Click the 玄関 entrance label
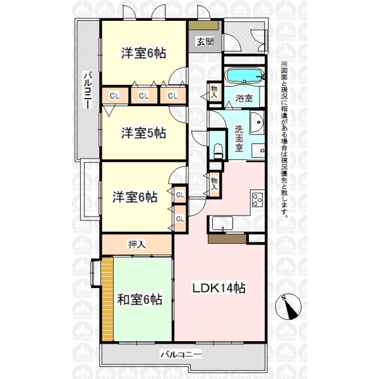pyautogui.click(x=205, y=42)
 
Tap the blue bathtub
pyautogui.click(x=244, y=75)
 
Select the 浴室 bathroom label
pyautogui.click(x=244, y=98)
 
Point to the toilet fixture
pyautogui.click(x=218, y=151)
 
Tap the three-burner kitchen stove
pyautogui.click(x=258, y=200)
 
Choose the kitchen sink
pyautogui.click(x=222, y=224)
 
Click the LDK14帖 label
pyautogui.click(x=219, y=288)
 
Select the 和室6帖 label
pyautogui.click(x=140, y=299)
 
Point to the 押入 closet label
pyautogui.click(x=137, y=244)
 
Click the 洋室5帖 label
pyautogui.click(x=143, y=133)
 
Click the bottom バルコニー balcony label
pyautogui.click(x=181, y=355)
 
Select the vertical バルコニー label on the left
pyautogui.click(x=88, y=90)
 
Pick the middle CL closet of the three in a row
pyautogui.click(x=143, y=96)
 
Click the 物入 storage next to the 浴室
pyautogui.click(x=214, y=92)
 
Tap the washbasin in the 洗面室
pyautogui.click(x=257, y=123)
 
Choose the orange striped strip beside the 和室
pyautogui.click(x=107, y=299)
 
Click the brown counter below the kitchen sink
pyautogui.click(x=227, y=239)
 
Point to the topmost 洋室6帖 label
pyautogui.click(x=143, y=53)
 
